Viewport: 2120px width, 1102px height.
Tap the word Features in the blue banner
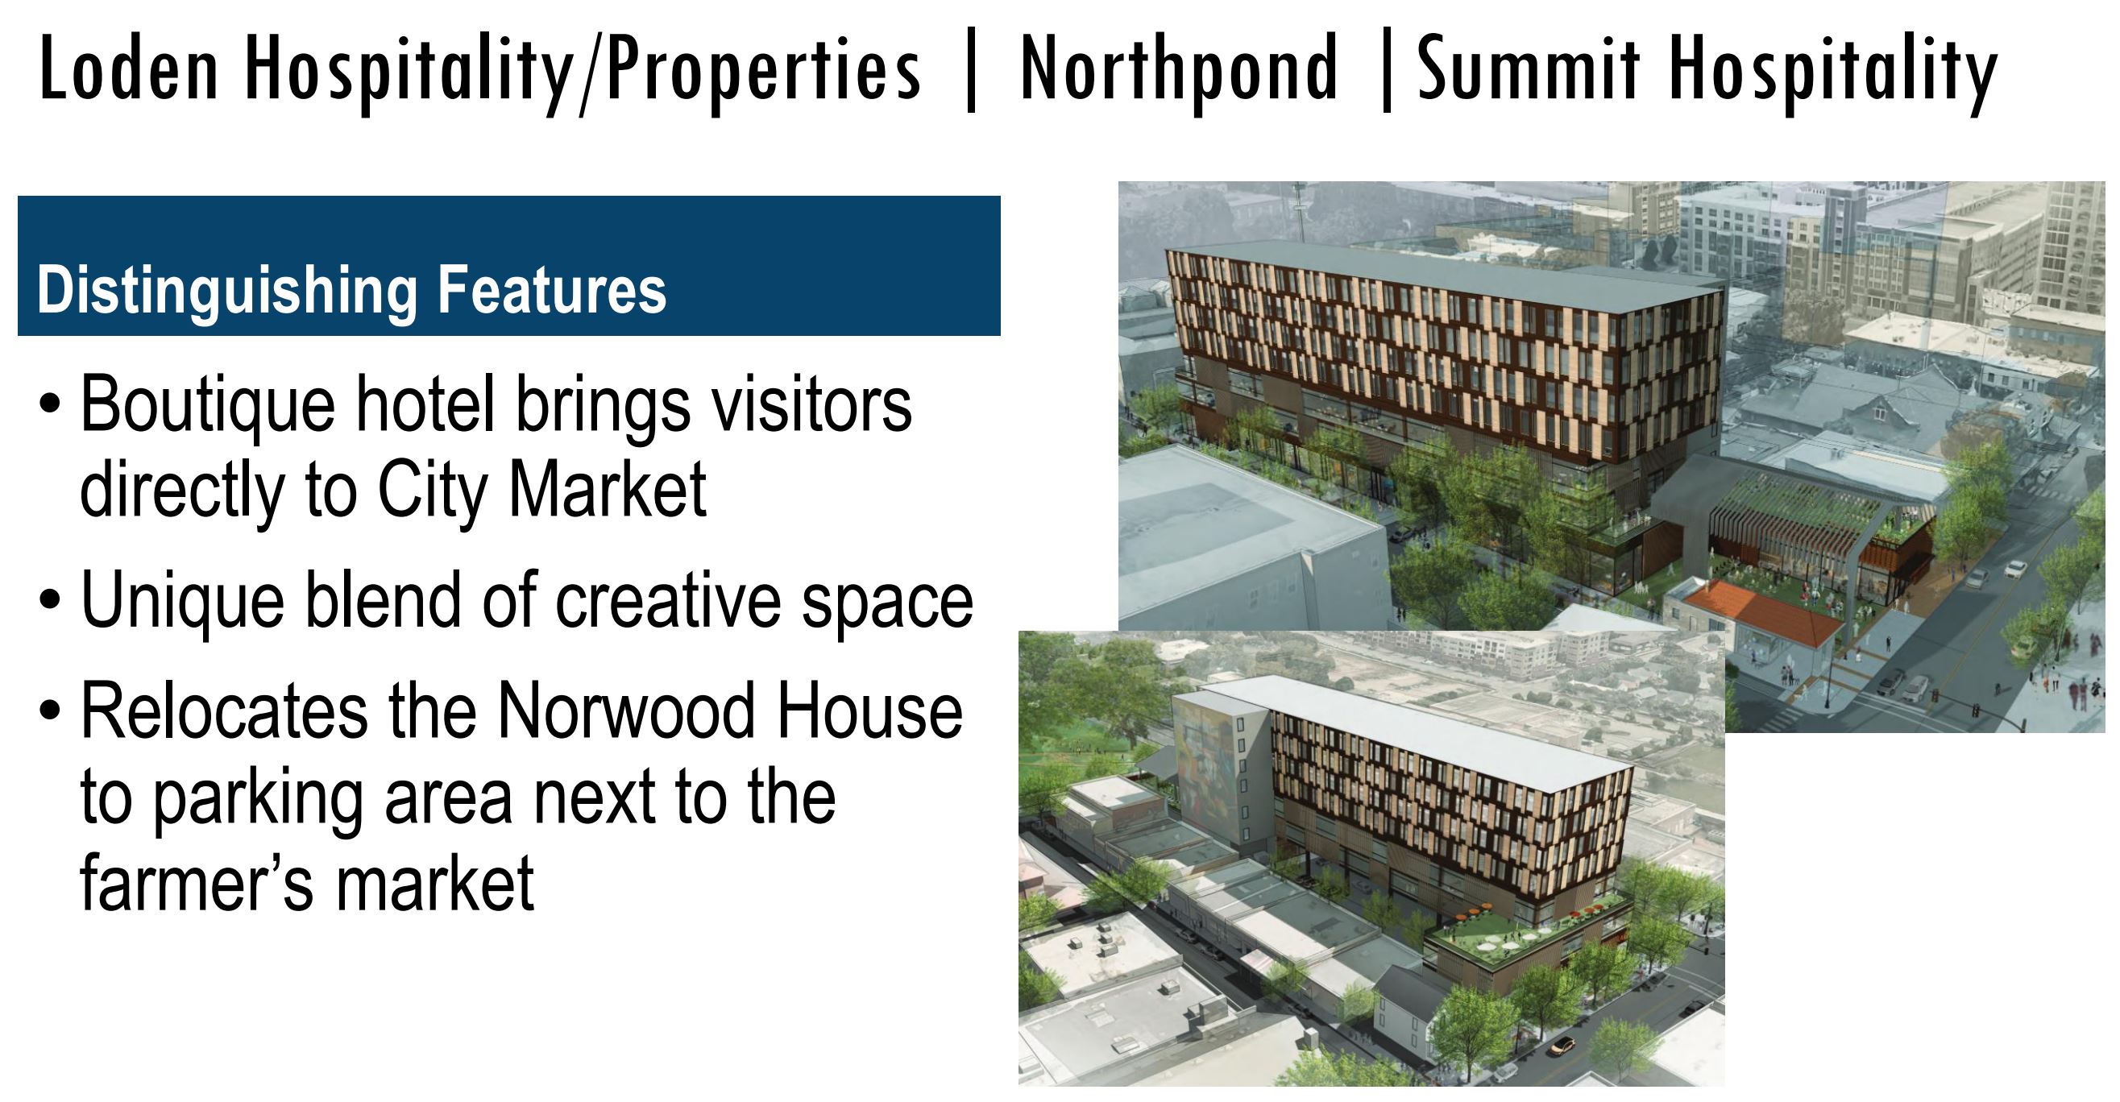click(551, 289)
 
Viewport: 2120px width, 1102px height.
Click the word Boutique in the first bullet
click(208, 406)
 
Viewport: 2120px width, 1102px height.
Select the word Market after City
click(608, 490)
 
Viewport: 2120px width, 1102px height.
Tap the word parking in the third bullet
click(259, 801)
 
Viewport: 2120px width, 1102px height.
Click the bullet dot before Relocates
click(50, 710)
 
